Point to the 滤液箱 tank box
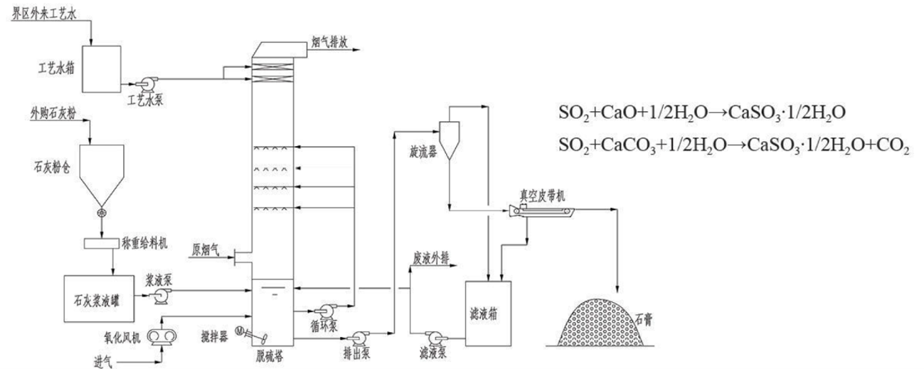click(489, 313)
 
